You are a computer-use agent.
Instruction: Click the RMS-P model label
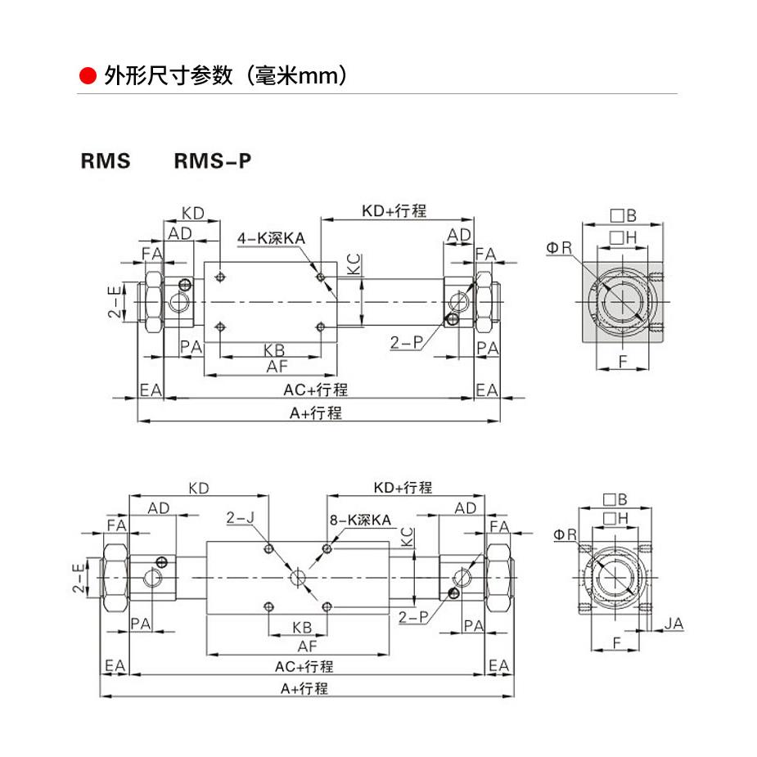tap(212, 161)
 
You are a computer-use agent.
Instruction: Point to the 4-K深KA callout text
tap(272, 238)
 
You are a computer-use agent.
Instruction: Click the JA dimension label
tap(673, 624)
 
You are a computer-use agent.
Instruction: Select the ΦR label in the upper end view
tap(561, 247)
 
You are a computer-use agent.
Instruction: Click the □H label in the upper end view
tap(623, 237)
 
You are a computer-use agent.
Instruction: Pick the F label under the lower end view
tap(615, 643)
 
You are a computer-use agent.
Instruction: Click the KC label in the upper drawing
tap(353, 264)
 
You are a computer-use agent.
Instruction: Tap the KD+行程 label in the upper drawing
tap(394, 211)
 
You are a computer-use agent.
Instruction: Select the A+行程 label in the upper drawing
tap(316, 412)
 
